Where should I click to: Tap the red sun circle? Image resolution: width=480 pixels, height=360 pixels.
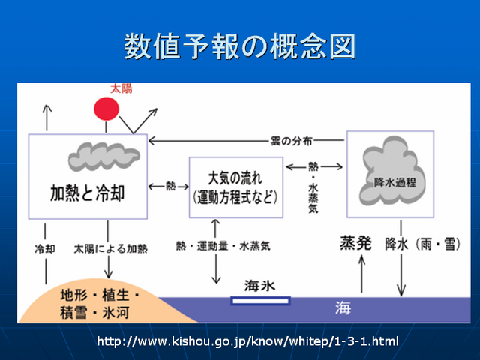pos(106,109)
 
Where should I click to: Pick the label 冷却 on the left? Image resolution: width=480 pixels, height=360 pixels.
pos(45,247)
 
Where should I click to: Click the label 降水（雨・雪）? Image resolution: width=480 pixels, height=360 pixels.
pos(421,244)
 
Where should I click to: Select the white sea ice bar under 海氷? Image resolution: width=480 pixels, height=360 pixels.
pos(260,301)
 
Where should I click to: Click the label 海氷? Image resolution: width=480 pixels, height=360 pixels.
pos(259,286)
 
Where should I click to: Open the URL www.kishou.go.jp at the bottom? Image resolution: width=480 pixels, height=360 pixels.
pos(247,342)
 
